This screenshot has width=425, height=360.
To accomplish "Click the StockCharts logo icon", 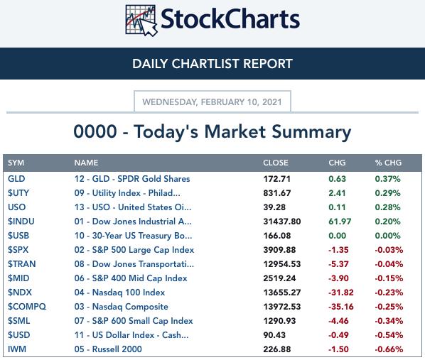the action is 141,21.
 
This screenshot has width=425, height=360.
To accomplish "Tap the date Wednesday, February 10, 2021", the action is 212,102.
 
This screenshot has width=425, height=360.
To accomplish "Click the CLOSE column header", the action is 275,163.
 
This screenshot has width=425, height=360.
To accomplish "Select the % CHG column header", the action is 388,163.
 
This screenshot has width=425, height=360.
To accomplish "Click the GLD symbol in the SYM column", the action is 16,179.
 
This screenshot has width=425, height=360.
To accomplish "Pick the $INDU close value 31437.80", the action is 282,222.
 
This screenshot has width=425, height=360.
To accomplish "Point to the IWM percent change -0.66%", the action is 389,349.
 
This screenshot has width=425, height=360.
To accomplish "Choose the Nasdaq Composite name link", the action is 121,307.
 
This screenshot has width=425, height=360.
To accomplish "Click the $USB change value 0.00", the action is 337,236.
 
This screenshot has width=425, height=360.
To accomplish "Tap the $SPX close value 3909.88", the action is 279,250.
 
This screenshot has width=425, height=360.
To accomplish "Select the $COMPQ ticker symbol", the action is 27,307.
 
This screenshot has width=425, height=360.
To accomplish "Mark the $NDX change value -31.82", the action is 340,293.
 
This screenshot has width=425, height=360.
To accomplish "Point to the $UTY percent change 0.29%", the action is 387,193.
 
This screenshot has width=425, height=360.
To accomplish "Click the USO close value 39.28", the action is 274,207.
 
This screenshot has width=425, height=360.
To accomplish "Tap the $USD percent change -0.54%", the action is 389,335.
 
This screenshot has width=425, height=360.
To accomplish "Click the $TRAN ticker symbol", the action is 22,264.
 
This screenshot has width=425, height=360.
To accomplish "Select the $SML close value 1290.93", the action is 279,321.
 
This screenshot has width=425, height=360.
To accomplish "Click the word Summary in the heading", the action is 311,132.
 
